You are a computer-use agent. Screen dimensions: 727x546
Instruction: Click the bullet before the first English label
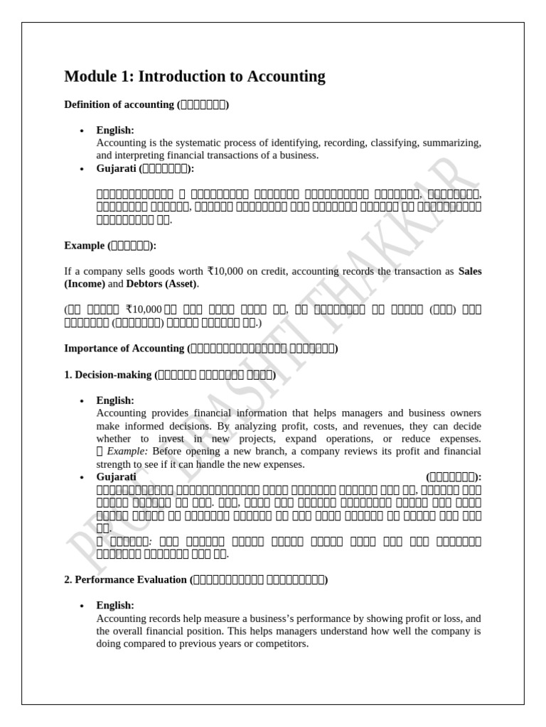82,131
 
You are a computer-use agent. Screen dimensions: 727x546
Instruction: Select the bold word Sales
470,270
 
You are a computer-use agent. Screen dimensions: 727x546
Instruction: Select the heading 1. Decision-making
107,374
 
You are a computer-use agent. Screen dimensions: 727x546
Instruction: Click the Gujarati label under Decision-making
116,477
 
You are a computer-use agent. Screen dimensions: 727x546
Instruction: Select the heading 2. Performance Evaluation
125,579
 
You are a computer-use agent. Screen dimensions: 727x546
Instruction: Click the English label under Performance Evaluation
115,605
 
